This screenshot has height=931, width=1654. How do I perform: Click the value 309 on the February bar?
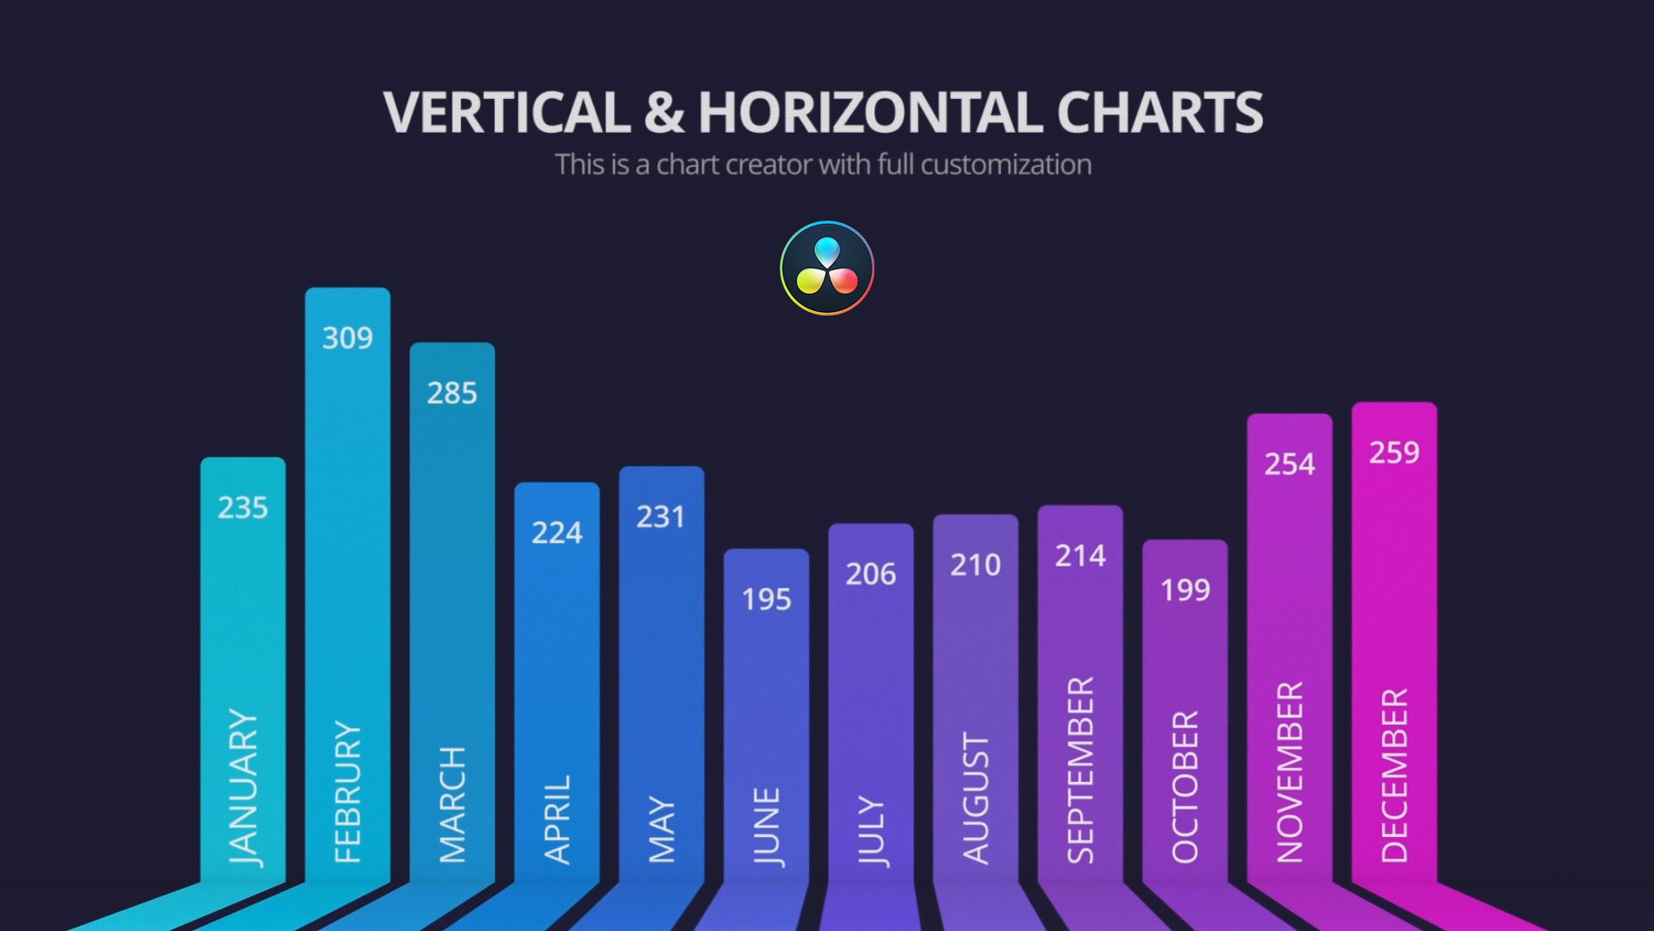coord(347,338)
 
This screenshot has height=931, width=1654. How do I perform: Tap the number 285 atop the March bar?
coord(452,393)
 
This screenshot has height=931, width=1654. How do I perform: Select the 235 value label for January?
coord(243,508)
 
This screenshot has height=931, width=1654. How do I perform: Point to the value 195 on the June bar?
coord(767,599)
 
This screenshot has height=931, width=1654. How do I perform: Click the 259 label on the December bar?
coord(1395,453)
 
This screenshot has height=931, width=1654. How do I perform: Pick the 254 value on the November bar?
coord(1290,465)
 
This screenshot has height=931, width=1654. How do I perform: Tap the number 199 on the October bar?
coord(1185,590)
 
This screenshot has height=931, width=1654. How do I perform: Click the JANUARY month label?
coord(244,786)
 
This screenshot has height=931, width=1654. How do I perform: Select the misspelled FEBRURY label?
coord(348,791)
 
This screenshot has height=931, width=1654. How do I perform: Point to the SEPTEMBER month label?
coord(1081,770)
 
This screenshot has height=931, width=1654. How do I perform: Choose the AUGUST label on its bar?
coord(976,798)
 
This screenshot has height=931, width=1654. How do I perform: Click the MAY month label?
coord(662,829)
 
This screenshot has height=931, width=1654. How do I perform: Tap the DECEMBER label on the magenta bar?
coord(1395,775)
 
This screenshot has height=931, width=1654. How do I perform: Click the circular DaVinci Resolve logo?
coord(827,268)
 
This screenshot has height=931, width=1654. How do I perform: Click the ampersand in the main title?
coord(664,113)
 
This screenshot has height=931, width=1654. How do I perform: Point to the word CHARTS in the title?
coord(1160,113)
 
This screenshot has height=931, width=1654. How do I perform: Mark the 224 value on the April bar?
coord(557,533)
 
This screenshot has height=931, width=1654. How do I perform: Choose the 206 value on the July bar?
coord(871,574)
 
